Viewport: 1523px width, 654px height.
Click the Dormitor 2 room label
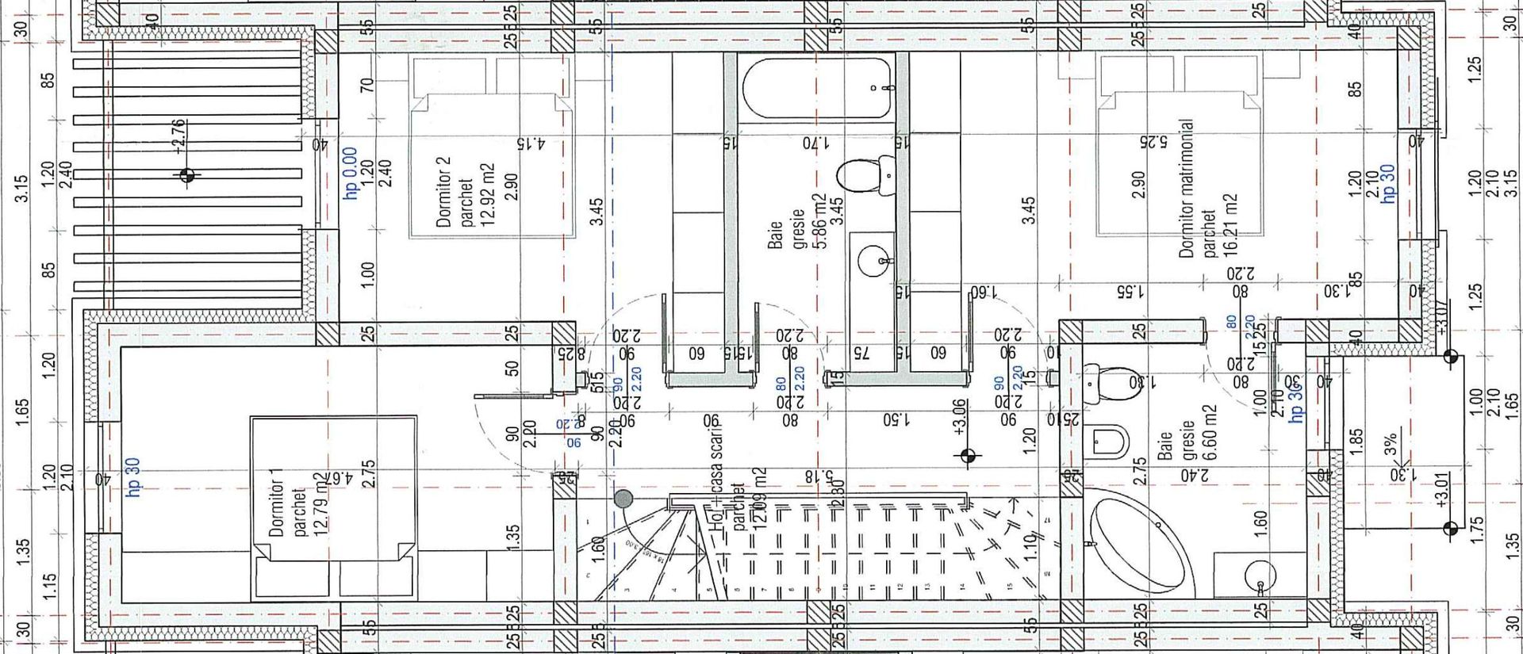(443, 191)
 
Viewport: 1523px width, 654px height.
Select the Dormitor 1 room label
(277, 503)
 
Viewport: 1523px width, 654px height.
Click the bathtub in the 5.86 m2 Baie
(817, 87)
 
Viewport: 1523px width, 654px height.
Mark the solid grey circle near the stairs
(623, 499)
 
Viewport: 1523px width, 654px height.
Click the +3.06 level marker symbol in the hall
(967, 456)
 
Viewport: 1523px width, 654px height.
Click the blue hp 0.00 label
(350, 173)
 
